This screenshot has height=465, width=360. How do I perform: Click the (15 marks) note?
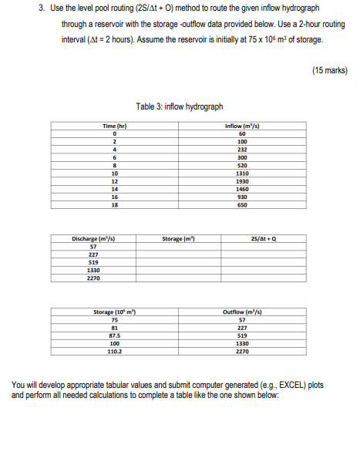tap(330, 70)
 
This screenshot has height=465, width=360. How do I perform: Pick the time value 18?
tap(114, 206)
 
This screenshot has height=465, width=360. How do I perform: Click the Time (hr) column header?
tap(114, 126)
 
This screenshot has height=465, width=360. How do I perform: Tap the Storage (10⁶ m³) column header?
tap(114, 312)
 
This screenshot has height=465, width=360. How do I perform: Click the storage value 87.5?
tap(114, 336)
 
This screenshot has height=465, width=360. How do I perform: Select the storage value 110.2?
tap(114, 352)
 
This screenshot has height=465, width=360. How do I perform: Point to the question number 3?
tap(43, 10)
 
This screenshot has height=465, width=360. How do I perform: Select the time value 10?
tap(114, 174)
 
